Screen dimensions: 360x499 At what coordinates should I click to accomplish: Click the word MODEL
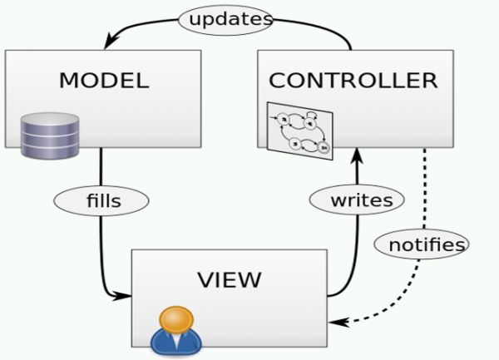(104, 81)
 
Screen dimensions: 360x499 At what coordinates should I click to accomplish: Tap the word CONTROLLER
(353, 81)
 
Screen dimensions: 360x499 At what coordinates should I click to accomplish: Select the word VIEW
(229, 279)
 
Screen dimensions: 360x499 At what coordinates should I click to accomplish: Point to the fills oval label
(101, 200)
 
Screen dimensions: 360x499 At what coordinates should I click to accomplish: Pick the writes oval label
(356, 200)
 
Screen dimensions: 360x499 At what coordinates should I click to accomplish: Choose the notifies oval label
(420, 244)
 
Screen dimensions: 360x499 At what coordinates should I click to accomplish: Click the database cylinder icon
(50, 136)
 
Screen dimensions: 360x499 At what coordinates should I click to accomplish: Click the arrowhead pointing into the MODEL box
(109, 43)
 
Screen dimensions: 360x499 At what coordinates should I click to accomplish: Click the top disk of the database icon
(50, 120)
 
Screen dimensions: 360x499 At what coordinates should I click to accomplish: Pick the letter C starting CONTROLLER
(277, 81)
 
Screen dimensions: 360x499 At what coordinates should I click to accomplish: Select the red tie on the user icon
(175, 341)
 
